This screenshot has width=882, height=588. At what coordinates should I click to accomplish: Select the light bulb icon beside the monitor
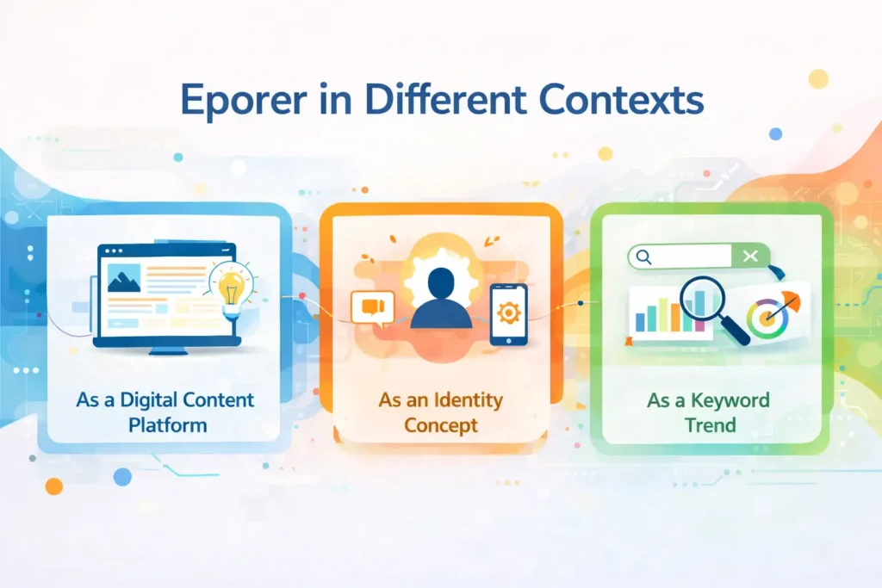(x=232, y=285)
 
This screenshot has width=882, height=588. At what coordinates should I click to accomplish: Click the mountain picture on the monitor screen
(x=126, y=276)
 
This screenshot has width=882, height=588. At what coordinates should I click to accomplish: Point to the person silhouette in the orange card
(x=441, y=298)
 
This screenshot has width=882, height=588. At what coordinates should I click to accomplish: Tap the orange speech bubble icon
(x=372, y=307)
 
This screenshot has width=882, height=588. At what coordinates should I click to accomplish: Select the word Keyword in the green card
(x=734, y=400)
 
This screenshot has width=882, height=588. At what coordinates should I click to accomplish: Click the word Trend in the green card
(x=711, y=424)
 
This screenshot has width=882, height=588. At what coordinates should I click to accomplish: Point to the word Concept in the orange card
(x=440, y=424)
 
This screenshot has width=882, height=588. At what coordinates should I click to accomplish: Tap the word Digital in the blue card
(x=152, y=400)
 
